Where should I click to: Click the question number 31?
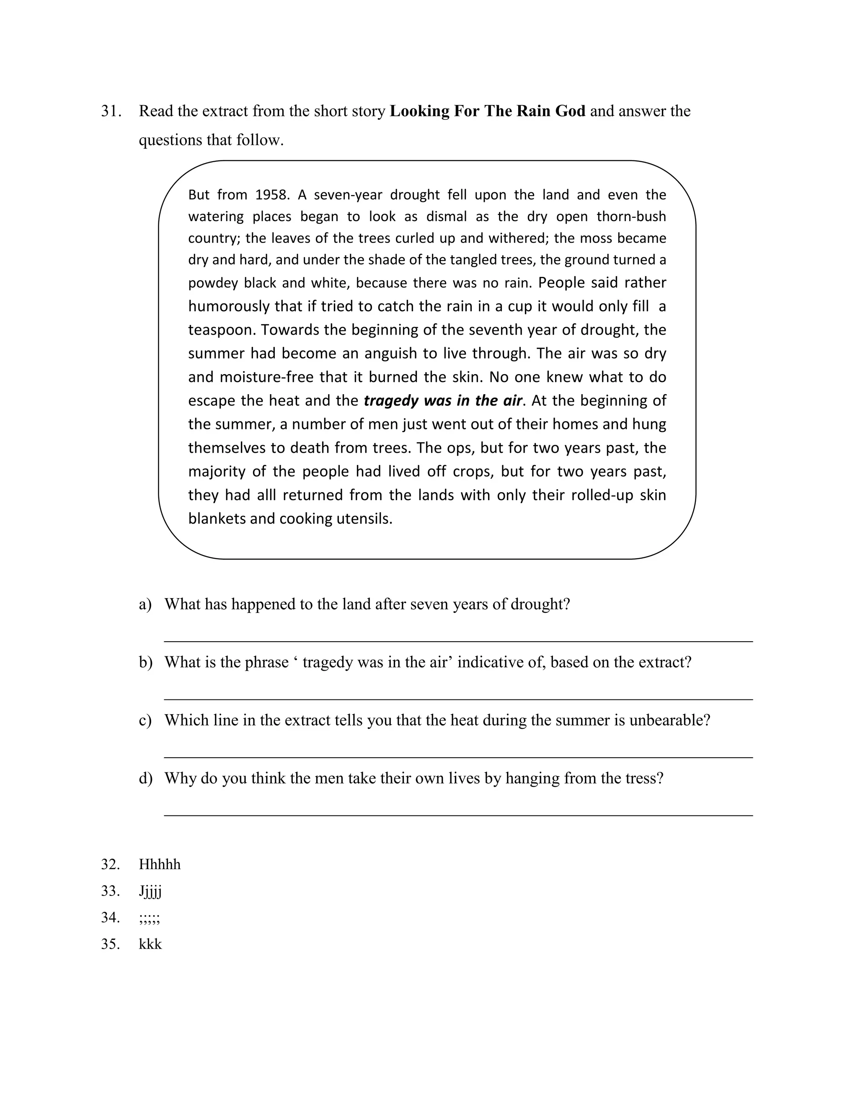pyautogui.click(x=111, y=111)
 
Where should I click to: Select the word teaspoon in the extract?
pyautogui.click(x=222, y=330)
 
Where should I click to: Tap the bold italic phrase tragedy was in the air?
pyautogui.click(x=443, y=401)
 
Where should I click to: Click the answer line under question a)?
pyautogui.click(x=457, y=641)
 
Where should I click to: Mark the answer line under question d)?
pyautogui.click(x=457, y=815)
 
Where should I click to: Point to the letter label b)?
pyautogui.click(x=145, y=662)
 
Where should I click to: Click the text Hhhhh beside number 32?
pyautogui.click(x=160, y=865)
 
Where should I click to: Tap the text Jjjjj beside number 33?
pyautogui.click(x=150, y=891)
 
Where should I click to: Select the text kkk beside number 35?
pyautogui.click(x=150, y=944)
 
